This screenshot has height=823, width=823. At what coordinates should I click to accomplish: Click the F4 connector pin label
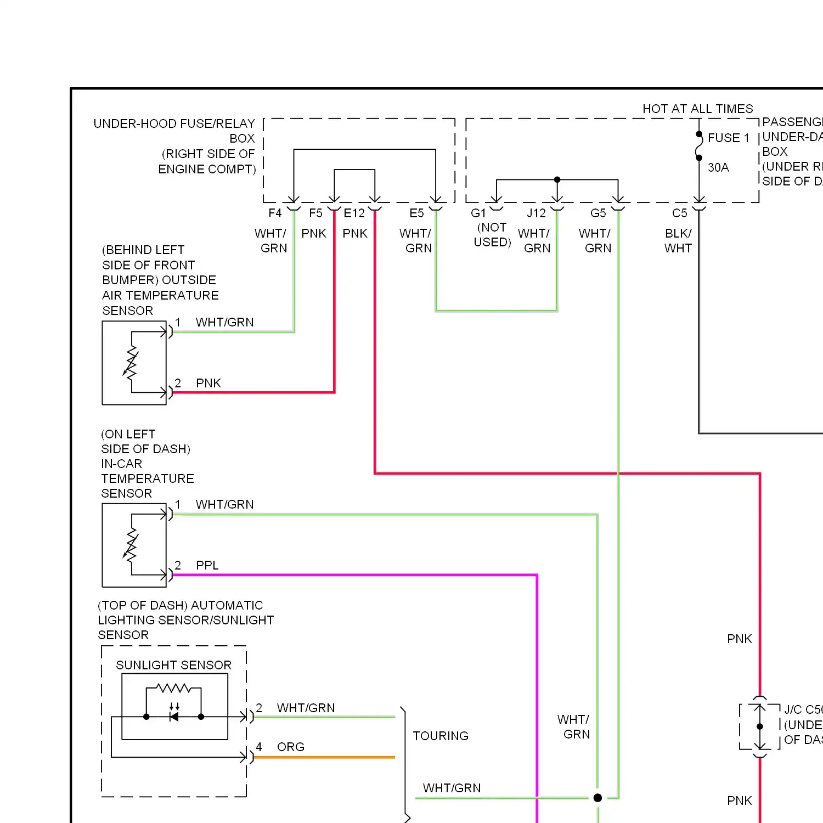[275, 213]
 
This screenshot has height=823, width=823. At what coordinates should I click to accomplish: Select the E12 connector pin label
[354, 213]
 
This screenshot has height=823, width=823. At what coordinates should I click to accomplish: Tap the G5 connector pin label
[598, 213]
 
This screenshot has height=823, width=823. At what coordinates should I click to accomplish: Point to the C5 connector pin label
[680, 213]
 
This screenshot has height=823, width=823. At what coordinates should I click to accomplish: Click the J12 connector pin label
[536, 213]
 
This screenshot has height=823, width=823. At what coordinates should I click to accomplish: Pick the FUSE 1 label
[728, 138]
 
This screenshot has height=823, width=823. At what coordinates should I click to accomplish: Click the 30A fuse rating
[718, 167]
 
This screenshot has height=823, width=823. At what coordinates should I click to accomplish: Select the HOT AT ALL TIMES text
[697, 109]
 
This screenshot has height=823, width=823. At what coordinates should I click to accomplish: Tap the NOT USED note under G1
[493, 235]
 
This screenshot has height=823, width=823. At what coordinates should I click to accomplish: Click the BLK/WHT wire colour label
[678, 241]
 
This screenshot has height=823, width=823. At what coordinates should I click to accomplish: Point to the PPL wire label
[207, 565]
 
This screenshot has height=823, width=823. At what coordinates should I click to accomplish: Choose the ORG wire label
[291, 747]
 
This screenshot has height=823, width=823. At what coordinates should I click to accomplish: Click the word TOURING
[441, 736]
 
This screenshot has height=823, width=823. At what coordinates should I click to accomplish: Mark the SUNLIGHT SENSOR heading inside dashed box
[173, 665]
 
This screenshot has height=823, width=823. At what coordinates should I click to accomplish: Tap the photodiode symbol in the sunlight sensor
[174, 716]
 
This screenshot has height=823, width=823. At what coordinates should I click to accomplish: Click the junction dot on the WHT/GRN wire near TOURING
[597, 798]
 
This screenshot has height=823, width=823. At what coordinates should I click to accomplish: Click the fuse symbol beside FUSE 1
[699, 146]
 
